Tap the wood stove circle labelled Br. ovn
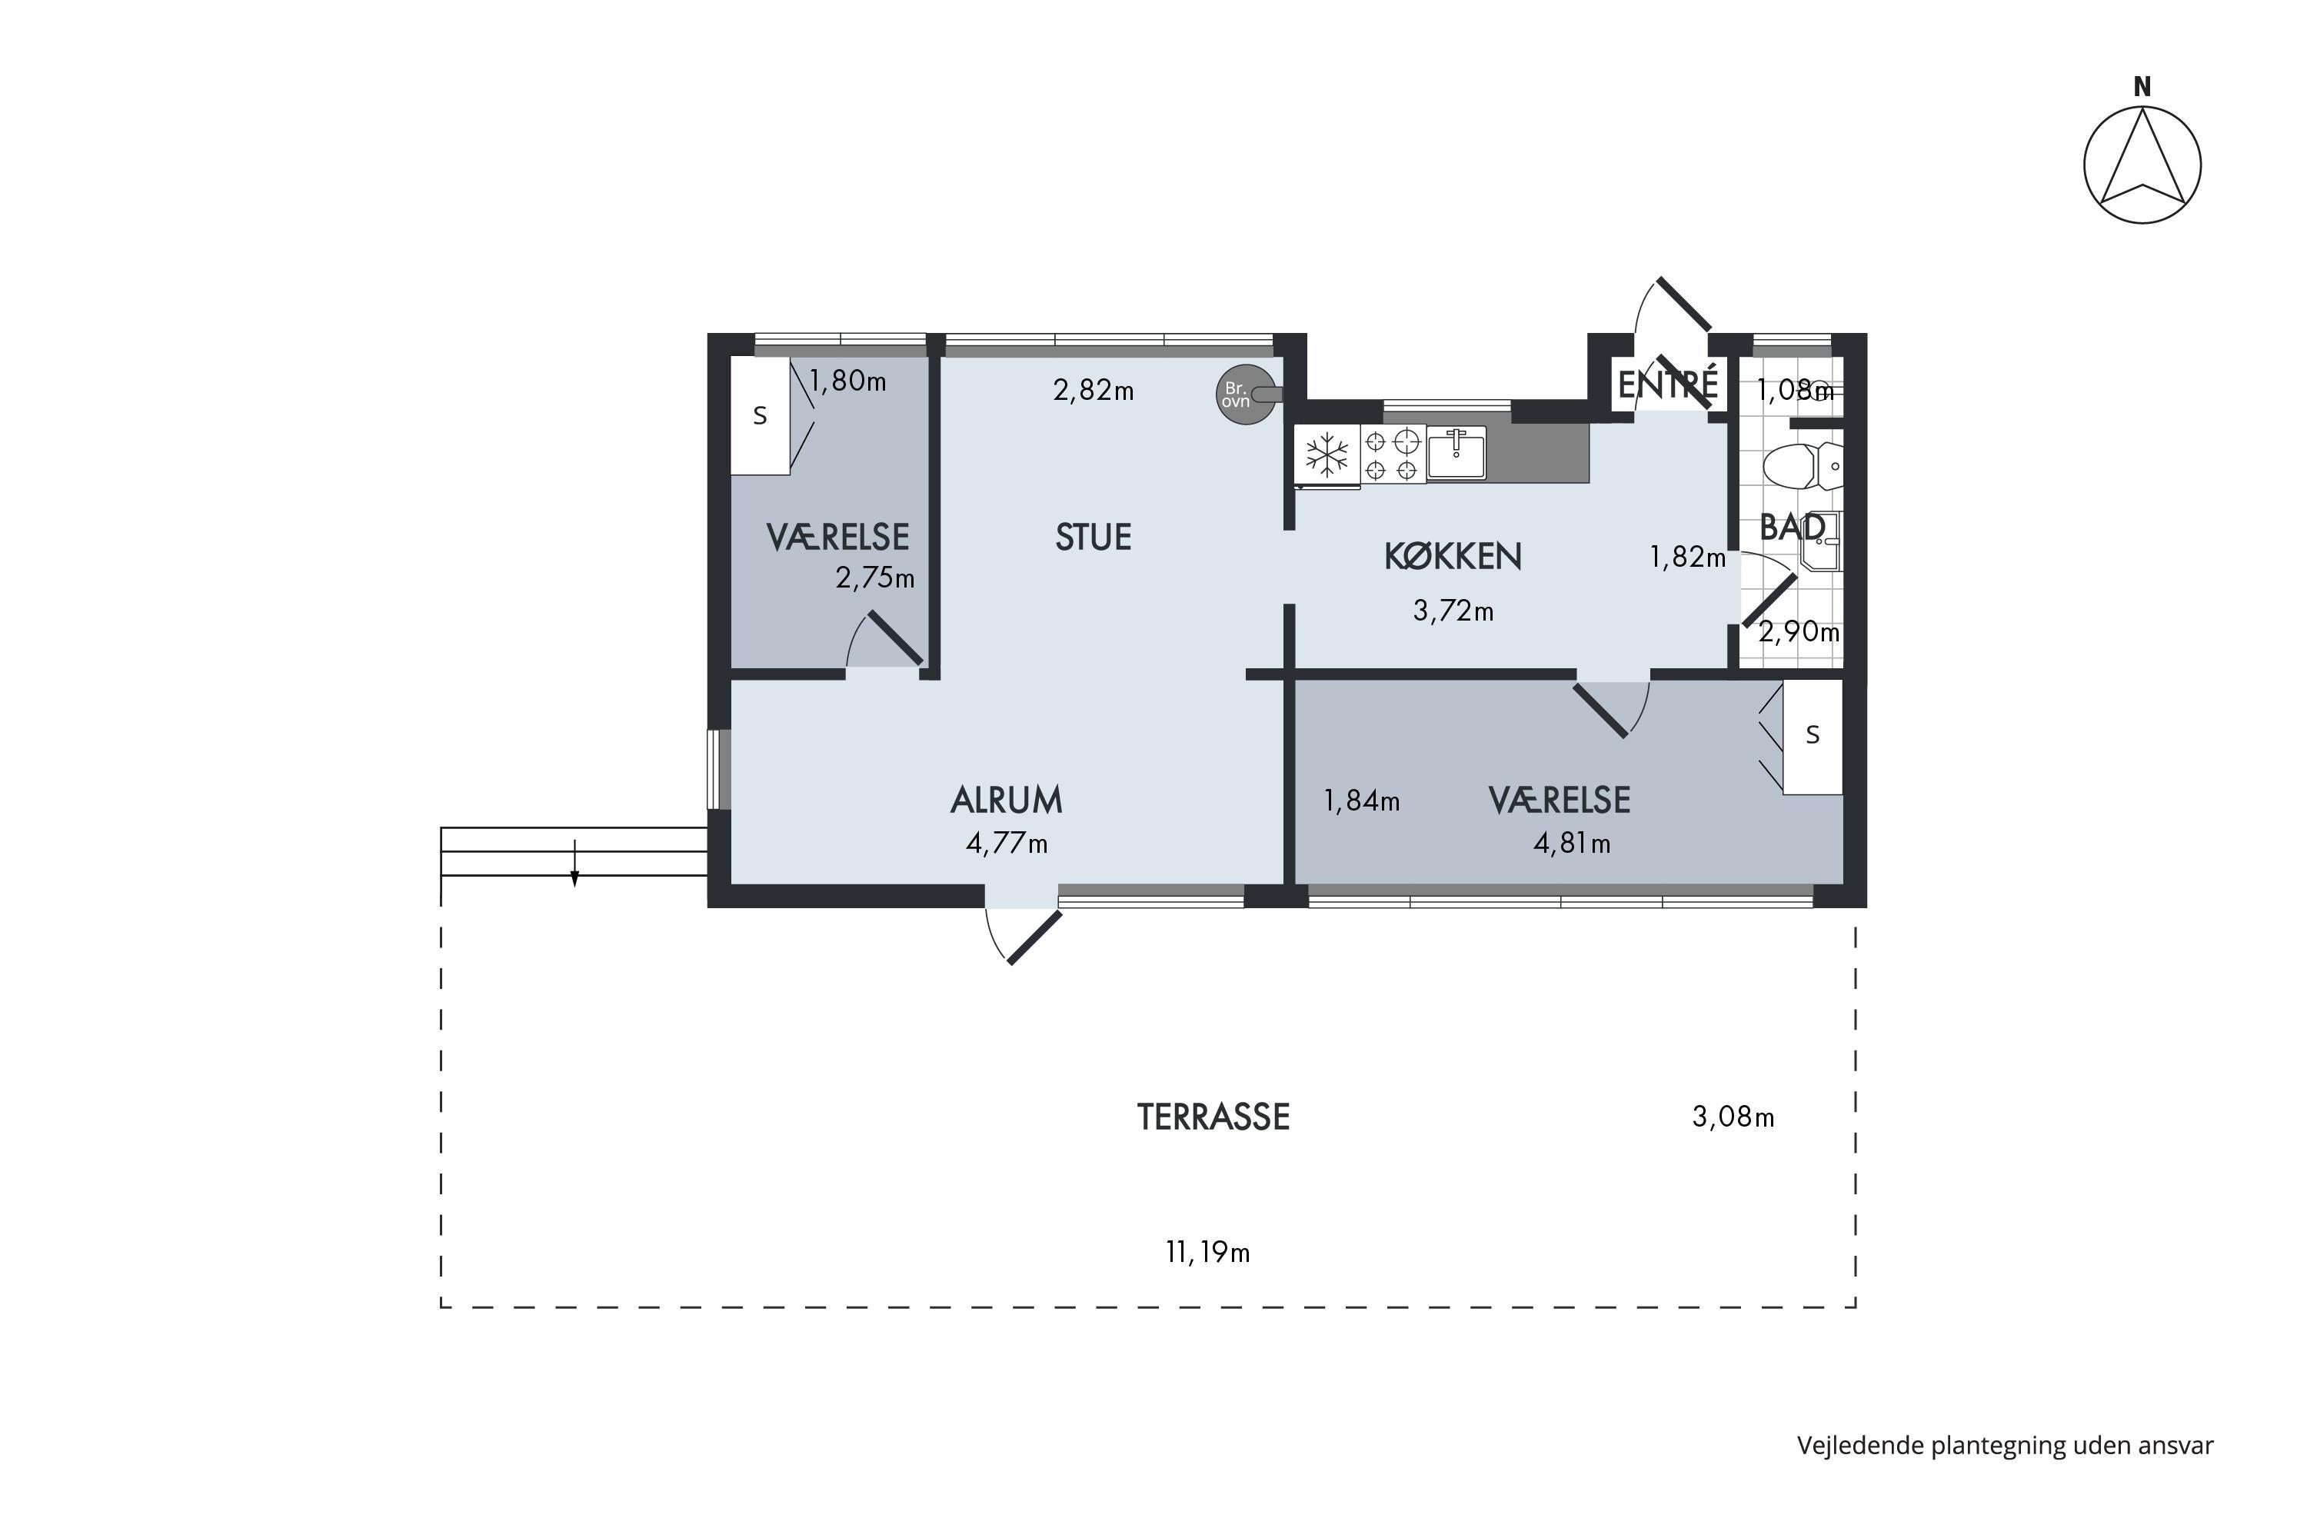click(1247, 394)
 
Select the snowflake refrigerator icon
click(1327, 454)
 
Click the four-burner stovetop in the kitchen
click(1393, 454)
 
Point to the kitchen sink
click(1456, 453)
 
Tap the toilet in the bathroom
click(1803, 467)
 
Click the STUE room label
click(1093, 538)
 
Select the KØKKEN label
click(1453, 556)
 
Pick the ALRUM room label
click(1007, 801)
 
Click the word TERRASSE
click(1213, 1117)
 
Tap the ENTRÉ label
click(1667, 384)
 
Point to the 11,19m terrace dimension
click(1207, 1253)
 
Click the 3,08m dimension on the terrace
click(1733, 1117)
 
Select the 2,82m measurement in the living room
click(1094, 391)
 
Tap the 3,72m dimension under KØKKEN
click(1453, 611)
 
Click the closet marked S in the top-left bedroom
click(761, 416)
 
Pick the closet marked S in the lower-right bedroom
click(1813, 736)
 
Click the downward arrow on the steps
click(574, 863)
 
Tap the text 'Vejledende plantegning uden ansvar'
click(2005, 1446)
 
